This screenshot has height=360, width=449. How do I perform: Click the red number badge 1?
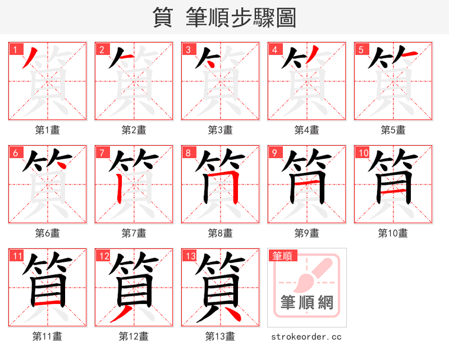point(15,49)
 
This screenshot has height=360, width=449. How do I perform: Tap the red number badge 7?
point(101,153)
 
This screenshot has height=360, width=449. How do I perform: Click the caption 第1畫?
point(47,130)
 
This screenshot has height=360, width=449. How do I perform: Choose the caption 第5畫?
point(393,130)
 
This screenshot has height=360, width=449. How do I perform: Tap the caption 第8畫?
point(220,233)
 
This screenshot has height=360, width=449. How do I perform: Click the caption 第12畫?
point(134,336)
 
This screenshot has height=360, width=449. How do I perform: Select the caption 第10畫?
point(393,233)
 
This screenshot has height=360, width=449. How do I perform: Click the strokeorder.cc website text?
point(306,336)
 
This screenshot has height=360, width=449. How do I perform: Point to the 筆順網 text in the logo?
point(306,303)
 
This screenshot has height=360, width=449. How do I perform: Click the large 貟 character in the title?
point(162,17)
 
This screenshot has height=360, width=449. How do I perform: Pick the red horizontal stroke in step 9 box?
point(306,183)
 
